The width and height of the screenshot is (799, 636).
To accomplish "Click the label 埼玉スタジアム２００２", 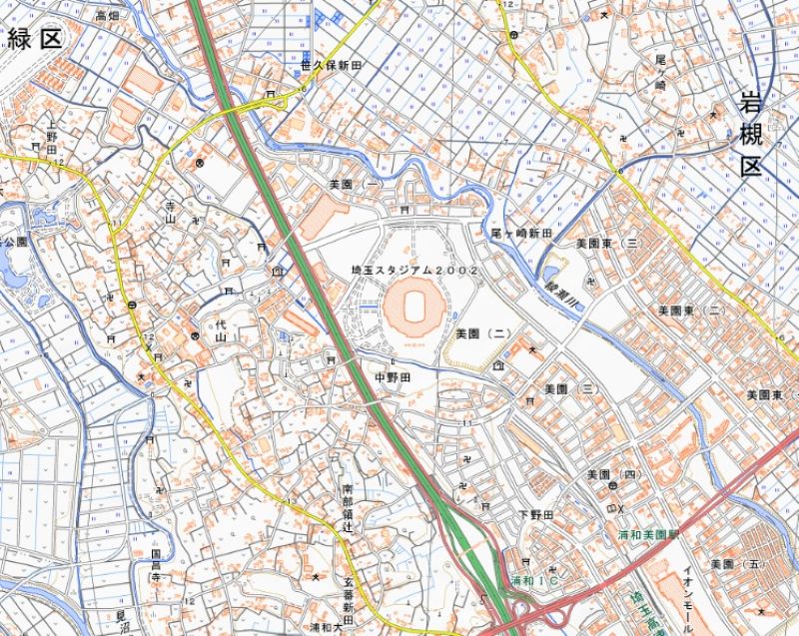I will pyautogui.click(x=414, y=271).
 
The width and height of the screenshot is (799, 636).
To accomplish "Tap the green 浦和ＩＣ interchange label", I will pyautogui.click(x=533, y=580).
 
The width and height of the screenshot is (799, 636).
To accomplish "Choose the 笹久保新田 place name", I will pyautogui.click(x=331, y=64).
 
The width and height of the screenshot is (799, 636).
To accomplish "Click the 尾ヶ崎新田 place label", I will pyautogui.click(x=521, y=232).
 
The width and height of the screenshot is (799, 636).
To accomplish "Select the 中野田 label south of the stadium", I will pyautogui.click(x=392, y=377).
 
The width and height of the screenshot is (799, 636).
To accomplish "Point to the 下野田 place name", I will pyautogui.click(x=534, y=513).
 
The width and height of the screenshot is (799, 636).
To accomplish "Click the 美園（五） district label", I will pyautogui.click(x=735, y=565).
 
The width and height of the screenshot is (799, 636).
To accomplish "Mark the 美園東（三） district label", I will pyautogui.click(x=607, y=243).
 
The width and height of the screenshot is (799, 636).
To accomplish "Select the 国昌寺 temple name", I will pyautogui.click(x=156, y=565).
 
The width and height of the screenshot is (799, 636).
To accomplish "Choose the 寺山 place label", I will pyautogui.click(x=170, y=211).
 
